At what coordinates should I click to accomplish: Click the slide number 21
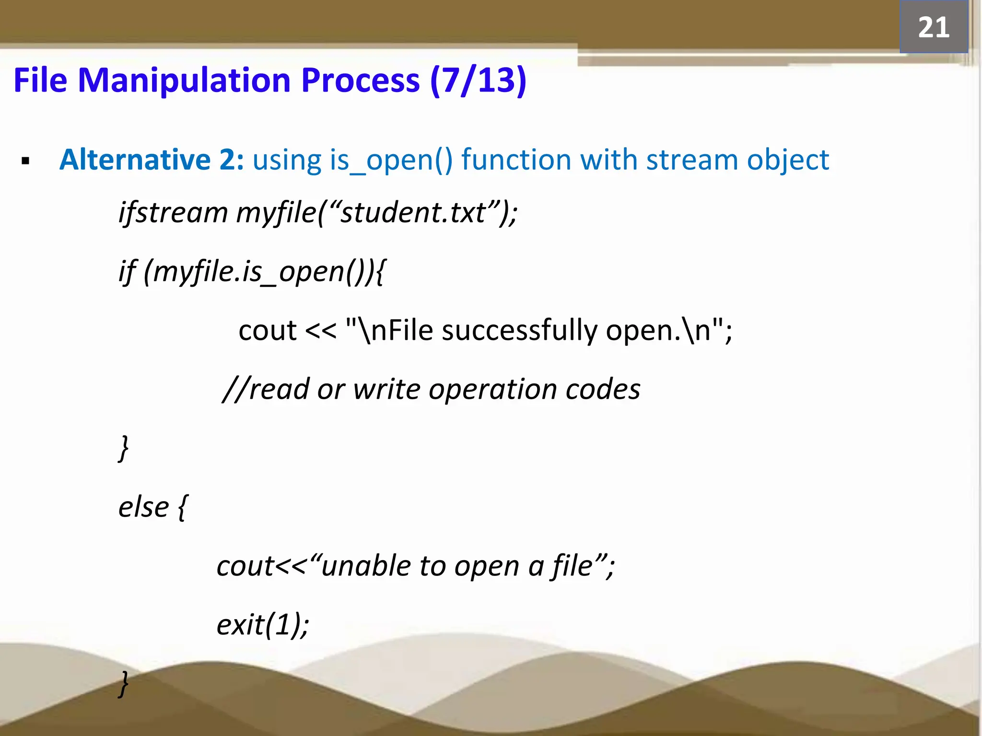tap(933, 27)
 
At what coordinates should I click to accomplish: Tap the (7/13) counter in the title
tap(478, 80)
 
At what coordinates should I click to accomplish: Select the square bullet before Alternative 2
tap(26, 161)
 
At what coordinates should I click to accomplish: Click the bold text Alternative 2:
tap(151, 160)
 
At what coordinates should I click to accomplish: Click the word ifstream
tap(173, 212)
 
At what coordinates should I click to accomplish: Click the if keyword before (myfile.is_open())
tap(127, 272)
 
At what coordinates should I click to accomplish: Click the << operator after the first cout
tap(320, 331)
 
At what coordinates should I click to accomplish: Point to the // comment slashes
tap(235, 389)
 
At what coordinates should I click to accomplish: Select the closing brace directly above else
tap(124, 448)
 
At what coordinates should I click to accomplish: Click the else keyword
tap(143, 507)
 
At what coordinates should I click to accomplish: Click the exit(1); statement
tap(262, 625)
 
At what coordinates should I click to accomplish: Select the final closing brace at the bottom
tap(124, 684)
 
